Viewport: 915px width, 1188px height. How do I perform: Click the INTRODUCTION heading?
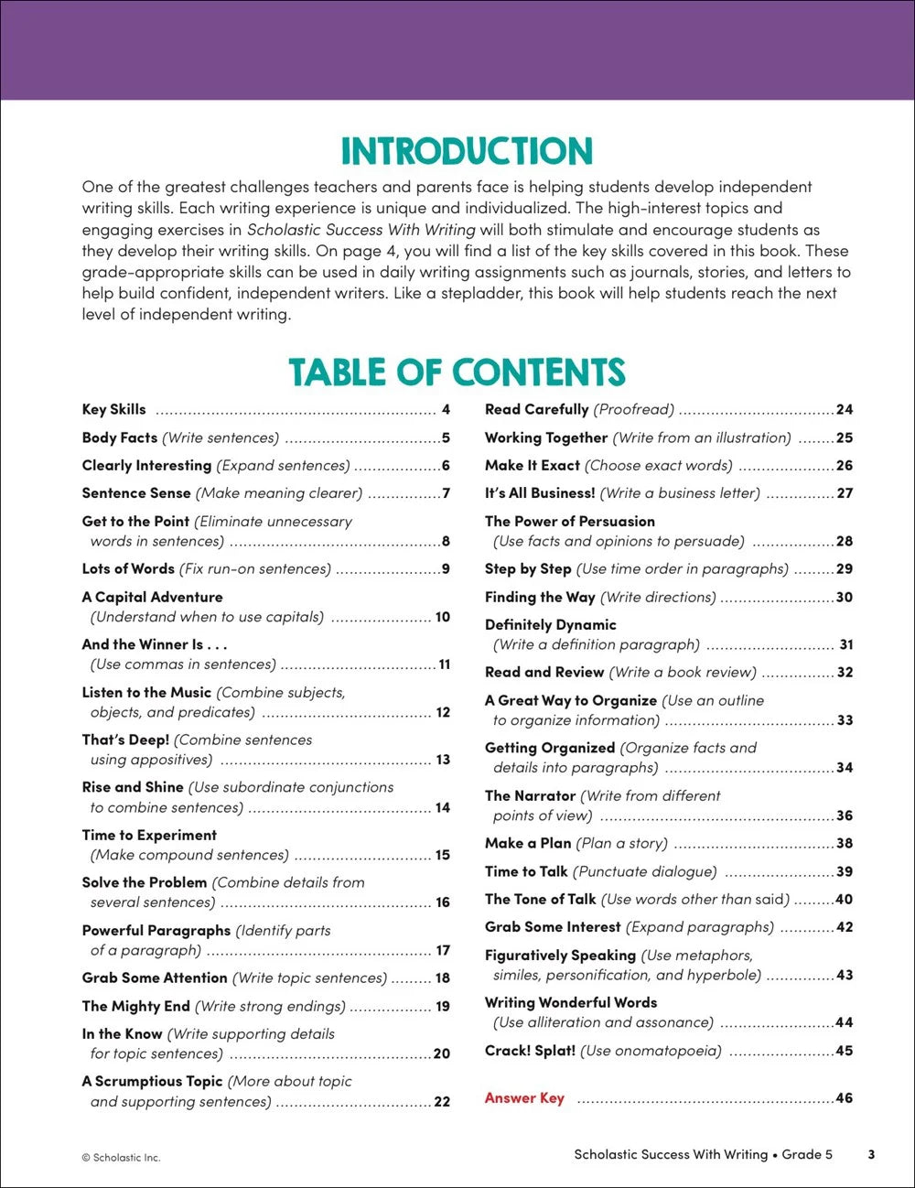click(467, 151)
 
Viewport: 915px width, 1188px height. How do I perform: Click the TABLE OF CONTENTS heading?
click(457, 373)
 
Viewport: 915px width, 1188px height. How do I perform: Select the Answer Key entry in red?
click(524, 1098)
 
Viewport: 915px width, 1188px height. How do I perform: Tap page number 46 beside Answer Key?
click(844, 1098)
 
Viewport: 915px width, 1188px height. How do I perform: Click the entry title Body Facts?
click(120, 437)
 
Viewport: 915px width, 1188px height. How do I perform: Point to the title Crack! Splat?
click(530, 1051)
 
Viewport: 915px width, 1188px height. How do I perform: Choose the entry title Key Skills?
click(113, 410)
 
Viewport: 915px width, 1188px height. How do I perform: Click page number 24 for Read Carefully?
click(844, 410)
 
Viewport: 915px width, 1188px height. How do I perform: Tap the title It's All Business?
click(540, 493)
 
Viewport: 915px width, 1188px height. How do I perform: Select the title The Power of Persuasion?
click(570, 522)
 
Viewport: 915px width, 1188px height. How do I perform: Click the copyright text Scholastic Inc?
click(121, 1158)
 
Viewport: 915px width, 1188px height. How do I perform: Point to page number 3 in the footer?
click(871, 1155)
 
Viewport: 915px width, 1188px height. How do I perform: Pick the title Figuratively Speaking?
click(560, 956)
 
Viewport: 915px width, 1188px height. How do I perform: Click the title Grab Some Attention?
click(155, 978)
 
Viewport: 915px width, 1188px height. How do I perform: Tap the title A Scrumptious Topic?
click(152, 1082)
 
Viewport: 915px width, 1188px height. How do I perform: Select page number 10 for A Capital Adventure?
click(443, 617)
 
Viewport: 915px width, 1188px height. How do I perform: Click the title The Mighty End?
click(135, 1007)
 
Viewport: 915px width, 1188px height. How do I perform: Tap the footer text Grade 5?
click(807, 1155)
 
